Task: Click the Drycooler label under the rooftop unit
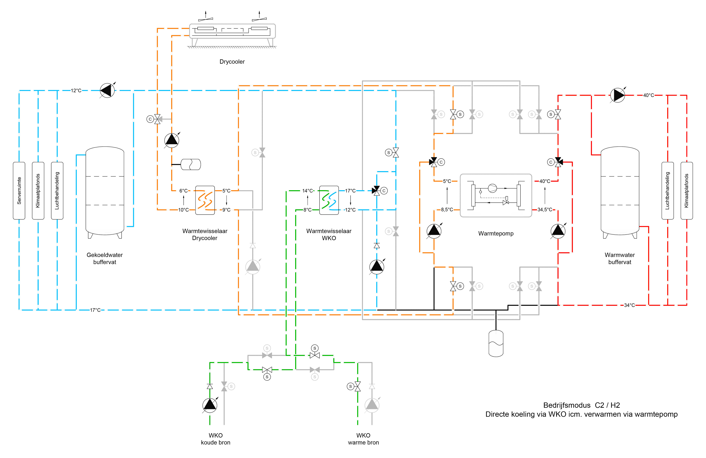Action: coord(232,62)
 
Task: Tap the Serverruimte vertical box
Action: coord(19,191)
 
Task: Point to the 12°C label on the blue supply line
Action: coord(76,91)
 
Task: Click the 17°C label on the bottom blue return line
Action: coord(95,310)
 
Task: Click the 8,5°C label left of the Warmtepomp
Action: coord(447,210)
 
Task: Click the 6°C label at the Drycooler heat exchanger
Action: coord(183,191)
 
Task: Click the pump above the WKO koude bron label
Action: coord(210,405)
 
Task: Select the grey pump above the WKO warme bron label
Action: coord(372,405)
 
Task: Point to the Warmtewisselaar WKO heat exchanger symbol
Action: coord(329,200)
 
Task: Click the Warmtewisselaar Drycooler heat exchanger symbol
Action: coord(205,200)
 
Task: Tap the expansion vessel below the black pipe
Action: coord(496,343)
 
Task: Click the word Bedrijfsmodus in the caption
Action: coord(567,405)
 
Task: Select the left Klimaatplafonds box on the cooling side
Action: coord(38,191)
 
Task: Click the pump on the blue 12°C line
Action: coord(107,91)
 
